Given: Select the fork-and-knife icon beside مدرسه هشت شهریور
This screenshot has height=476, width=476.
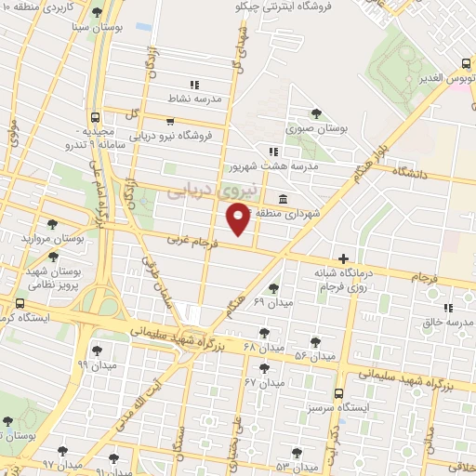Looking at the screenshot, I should coord(272,152).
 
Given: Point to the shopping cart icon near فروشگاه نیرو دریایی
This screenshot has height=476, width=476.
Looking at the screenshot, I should coord(169,120).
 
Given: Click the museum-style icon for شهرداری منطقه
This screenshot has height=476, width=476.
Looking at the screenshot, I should coord(282,200).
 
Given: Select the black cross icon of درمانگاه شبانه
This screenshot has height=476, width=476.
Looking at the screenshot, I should coord(344,258).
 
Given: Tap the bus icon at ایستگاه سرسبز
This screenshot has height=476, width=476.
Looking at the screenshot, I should coord(338,393).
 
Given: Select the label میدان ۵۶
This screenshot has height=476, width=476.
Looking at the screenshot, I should coord(313,356).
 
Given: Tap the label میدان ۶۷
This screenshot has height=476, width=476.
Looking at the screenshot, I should coord(263,383).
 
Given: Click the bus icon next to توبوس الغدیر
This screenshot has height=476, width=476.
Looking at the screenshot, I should coord(467,64).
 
